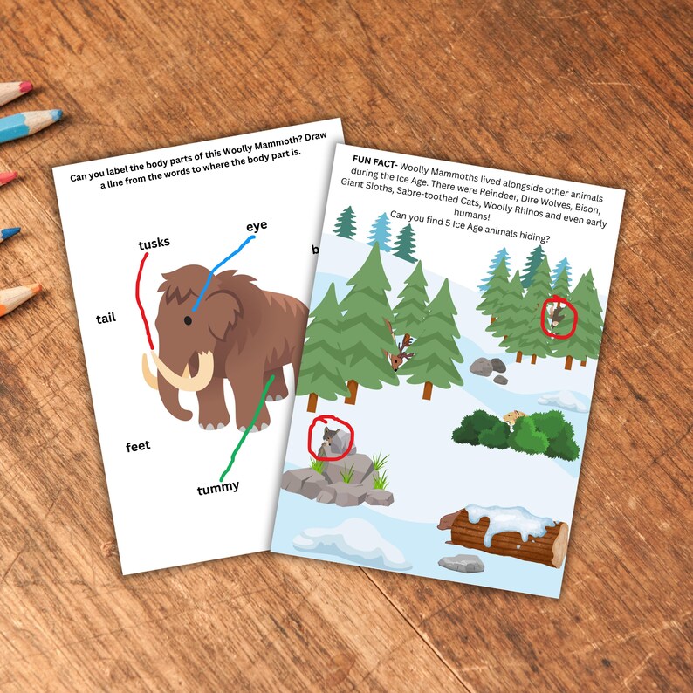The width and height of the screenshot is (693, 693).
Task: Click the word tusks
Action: click(x=154, y=244)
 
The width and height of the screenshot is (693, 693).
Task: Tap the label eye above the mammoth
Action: click(x=257, y=226)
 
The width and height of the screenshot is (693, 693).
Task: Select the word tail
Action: click(x=106, y=319)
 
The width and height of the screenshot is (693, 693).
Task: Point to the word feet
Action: click(x=138, y=446)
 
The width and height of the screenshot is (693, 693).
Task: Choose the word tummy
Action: click(x=217, y=487)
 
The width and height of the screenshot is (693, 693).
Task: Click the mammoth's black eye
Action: click(x=188, y=320)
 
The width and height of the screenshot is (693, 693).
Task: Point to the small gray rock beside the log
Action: click(x=461, y=563)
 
